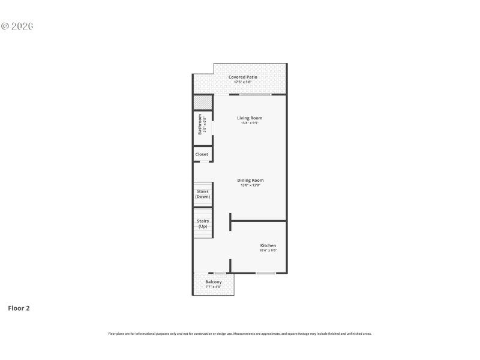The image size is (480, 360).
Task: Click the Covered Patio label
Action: pyautogui.click(x=243, y=77)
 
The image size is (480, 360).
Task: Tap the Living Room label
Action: pyautogui.click(x=250, y=118)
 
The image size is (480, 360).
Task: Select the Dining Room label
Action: pyautogui.click(x=250, y=180)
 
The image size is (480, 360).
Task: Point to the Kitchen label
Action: pyautogui.click(x=268, y=245)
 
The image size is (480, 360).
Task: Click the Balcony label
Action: pyautogui.click(x=214, y=282)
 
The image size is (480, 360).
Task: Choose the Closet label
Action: pyautogui.click(x=202, y=154)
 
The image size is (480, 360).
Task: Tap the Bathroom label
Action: pyautogui.click(x=200, y=124)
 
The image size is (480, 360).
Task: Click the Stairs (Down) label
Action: pyautogui.click(x=203, y=194)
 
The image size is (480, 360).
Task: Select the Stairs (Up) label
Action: pyautogui.click(x=203, y=223)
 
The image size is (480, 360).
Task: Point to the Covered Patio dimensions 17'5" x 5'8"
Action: pyautogui.click(x=243, y=82)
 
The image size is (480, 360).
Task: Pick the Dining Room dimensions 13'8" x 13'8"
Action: pyautogui.click(x=250, y=185)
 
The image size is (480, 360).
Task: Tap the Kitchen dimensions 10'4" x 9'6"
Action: pyautogui.click(x=268, y=250)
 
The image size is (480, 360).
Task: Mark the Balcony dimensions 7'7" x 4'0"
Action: pyautogui.click(x=214, y=287)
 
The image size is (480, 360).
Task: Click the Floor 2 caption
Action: pyautogui.click(x=19, y=308)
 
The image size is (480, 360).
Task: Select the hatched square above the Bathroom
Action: pyautogui.click(x=203, y=103)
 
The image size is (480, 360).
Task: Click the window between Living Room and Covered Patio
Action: pyautogui.click(x=255, y=94)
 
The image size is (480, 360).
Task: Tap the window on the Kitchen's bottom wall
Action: pyautogui.click(x=265, y=273)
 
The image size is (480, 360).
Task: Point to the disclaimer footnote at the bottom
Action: pyautogui.click(x=239, y=334)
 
